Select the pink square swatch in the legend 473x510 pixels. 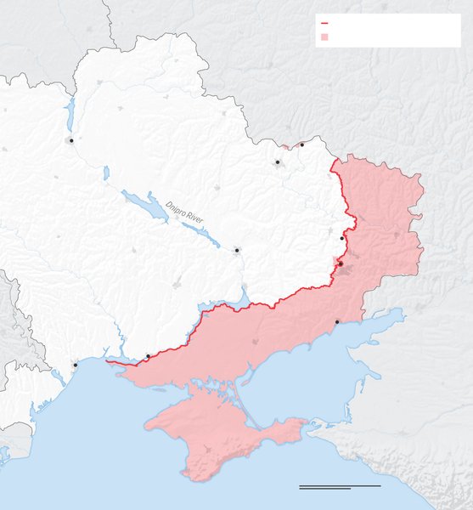point(324,37)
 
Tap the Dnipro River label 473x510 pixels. point(184,211)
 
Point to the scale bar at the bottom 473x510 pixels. point(340,487)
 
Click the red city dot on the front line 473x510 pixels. point(341,264)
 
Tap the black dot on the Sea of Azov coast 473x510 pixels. point(337,321)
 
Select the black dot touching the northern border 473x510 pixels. point(301,144)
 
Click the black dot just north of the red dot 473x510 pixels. point(341,238)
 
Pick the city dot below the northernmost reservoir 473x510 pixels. point(71,140)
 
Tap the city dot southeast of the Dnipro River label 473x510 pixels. point(237,250)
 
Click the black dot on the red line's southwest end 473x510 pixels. point(148,356)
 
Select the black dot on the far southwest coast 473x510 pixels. point(75,365)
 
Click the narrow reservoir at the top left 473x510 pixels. point(71,110)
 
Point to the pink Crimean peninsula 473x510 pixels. point(212,429)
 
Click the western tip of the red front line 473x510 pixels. point(108,362)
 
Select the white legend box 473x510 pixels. point(387,31)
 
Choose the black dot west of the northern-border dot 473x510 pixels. point(277,161)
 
